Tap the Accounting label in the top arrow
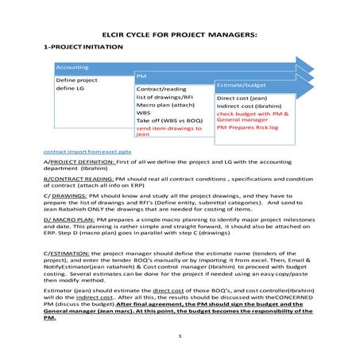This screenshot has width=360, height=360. tap(72, 68)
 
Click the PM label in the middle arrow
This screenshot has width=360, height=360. tap(141, 76)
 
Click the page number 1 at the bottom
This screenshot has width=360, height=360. tap(180, 337)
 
